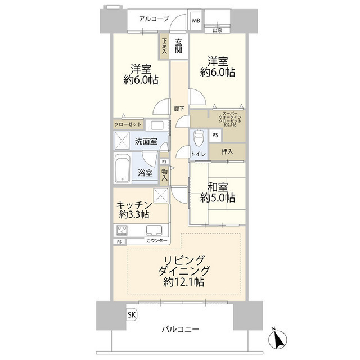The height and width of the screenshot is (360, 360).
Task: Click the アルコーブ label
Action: point(155,19)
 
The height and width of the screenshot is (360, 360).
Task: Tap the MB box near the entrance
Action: point(196,21)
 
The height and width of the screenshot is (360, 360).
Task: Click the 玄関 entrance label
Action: point(178,46)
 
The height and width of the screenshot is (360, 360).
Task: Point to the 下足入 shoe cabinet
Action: point(164,46)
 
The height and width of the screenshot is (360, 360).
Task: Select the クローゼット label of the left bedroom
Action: point(129,125)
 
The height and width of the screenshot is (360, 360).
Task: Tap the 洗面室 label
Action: point(145,141)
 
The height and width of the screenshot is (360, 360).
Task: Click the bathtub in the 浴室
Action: point(122,169)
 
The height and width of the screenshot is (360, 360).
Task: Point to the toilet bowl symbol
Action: point(198,137)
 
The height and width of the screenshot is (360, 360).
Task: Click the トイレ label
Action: point(200,154)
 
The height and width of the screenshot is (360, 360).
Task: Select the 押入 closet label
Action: point(228,151)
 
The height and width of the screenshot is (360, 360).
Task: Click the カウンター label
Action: point(156,241)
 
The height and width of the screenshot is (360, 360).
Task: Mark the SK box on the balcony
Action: point(131,314)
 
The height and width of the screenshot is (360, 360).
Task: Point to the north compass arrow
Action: point(277,339)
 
